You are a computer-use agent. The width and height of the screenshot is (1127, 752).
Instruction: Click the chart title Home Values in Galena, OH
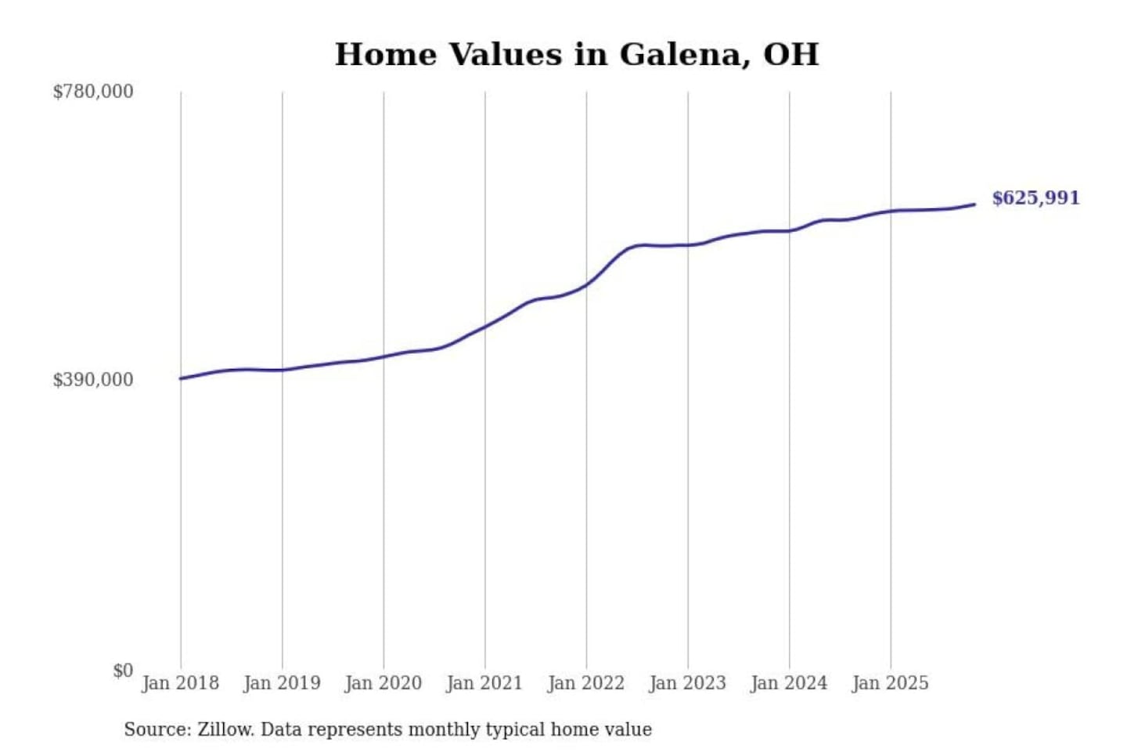pos(577,54)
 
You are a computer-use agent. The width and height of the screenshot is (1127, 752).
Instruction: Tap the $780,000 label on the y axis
pos(93,92)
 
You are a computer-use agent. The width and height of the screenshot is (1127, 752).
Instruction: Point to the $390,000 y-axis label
pos(93,380)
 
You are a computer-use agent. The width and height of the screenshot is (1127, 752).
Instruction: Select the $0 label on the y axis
pos(123,671)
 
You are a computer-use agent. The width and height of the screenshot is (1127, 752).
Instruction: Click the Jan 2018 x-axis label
pos(180,683)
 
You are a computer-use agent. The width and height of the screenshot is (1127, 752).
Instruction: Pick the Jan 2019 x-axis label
pos(282,683)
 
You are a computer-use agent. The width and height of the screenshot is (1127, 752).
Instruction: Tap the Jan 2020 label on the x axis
pos(383,683)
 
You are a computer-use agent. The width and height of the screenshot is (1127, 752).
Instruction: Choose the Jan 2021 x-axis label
pos(484,683)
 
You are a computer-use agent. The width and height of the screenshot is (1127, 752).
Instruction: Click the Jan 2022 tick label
pos(585,683)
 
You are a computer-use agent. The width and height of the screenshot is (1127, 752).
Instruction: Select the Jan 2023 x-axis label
pos(687,683)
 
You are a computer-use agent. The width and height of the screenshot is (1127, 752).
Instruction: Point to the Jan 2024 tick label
pos(788,683)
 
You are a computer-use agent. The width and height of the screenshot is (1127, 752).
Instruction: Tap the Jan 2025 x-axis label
pos(890,683)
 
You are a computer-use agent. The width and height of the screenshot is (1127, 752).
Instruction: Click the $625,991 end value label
pos(1035,198)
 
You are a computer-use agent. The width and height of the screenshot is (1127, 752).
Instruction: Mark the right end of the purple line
pos(974,204)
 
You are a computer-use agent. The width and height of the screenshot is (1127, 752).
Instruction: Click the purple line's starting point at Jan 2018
pos(181,378)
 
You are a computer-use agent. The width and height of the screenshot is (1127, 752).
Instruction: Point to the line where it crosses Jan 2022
pos(586,284)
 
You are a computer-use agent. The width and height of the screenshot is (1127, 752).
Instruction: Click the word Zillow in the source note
pos(225,729)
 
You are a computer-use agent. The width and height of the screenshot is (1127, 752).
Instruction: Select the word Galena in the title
pos(680,54)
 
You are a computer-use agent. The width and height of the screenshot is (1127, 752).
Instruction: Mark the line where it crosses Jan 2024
pos(789,230)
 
